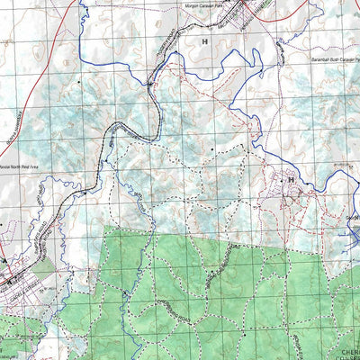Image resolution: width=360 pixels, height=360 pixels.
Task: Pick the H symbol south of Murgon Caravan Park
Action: pyautogui.click(x=204, y=41)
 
